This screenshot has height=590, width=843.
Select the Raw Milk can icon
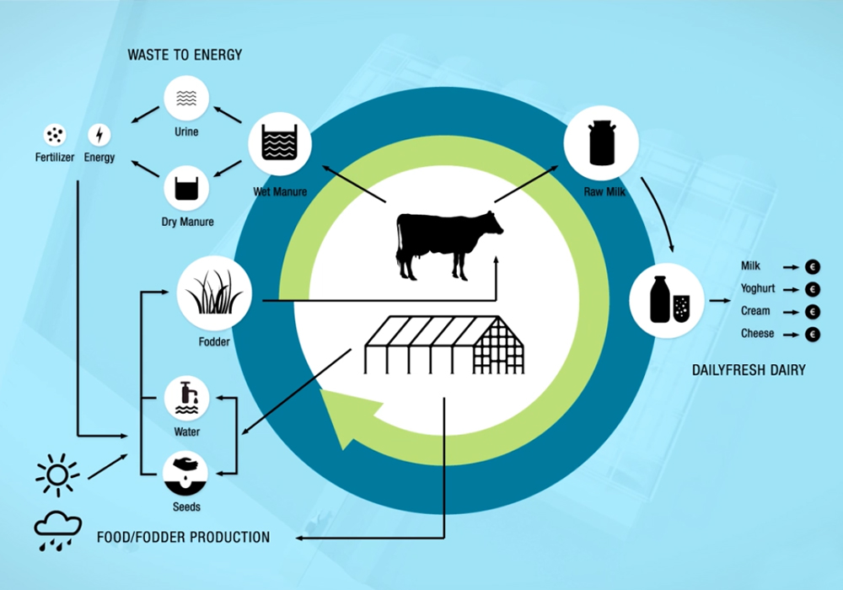click(x=600, y=141)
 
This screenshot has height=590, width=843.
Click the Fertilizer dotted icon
click(x=56, y=135)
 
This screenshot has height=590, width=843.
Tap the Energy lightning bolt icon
click(x=99, y=135)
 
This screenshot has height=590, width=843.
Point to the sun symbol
click(x=57, y=475)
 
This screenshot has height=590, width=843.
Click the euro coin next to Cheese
click(x=813, y=335)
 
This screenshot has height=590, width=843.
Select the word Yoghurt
click(x=757, y=288)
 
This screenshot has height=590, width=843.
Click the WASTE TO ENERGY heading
click(x=185, y=56)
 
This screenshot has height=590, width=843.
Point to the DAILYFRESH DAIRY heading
click(x=749, y=370)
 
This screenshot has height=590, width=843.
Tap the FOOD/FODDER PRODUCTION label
click(x=183, y=537)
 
